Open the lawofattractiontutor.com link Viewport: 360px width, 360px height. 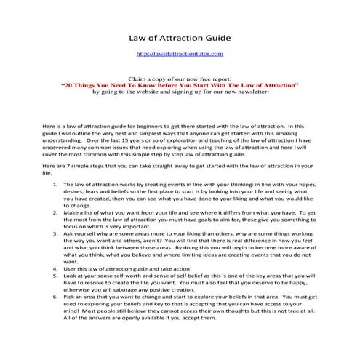point(179,54)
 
